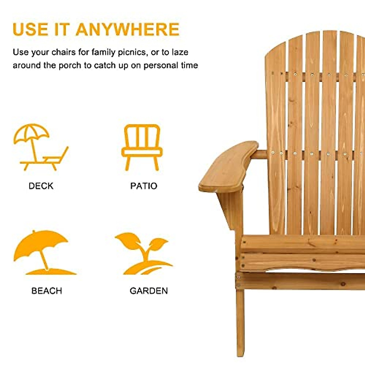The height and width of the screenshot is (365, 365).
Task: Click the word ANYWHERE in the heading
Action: pos(127,29)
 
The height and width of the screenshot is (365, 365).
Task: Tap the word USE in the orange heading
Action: pos(30,29)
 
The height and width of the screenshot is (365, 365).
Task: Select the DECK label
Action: pos(41,186)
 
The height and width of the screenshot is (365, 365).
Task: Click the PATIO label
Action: pos(144,186)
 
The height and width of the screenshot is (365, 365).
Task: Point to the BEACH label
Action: pos(47,291)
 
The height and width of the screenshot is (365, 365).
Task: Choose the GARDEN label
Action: pos(149,291)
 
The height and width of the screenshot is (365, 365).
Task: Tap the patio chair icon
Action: pos(142,147)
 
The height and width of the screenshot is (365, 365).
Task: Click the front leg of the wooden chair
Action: pos(240,322)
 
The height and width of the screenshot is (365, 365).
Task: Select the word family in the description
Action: pos(104,52)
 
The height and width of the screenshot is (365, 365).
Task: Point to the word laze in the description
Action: pos(180,52)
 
